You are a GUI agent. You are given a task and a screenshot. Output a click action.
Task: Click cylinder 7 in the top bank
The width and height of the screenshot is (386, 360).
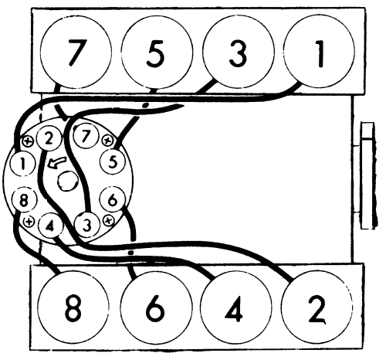76,53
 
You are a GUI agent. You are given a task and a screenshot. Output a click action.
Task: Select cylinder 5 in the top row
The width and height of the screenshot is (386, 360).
157,53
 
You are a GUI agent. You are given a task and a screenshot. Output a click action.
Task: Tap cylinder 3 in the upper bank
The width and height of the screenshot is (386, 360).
239,53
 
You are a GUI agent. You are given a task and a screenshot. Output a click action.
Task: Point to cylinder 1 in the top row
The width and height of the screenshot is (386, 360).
320,53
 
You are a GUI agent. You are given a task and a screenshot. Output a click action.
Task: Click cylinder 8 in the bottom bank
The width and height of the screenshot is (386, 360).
73,307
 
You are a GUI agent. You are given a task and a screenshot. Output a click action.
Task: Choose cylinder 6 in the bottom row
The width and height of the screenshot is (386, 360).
156,307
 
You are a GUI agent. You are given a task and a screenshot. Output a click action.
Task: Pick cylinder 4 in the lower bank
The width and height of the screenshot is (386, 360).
236,307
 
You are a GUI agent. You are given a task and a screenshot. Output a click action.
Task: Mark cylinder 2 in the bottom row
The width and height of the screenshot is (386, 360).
317,307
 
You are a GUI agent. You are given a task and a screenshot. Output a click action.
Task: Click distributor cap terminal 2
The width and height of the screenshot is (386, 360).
49,139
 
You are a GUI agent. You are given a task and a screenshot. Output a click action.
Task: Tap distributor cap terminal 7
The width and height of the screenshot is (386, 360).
86,136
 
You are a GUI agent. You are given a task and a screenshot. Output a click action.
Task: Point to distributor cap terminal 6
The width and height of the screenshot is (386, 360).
113,200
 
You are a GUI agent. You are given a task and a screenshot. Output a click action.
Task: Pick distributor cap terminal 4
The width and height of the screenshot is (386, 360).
50,226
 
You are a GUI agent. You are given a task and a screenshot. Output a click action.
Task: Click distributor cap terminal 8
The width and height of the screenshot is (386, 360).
24,200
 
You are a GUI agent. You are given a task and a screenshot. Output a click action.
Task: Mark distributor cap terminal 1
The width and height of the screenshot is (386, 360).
22,164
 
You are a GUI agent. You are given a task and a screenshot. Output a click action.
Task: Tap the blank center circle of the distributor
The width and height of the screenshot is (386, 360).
67,182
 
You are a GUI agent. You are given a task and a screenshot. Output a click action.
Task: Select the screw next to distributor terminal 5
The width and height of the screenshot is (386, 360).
107,141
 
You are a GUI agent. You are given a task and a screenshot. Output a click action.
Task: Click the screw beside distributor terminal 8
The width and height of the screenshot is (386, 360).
29,221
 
